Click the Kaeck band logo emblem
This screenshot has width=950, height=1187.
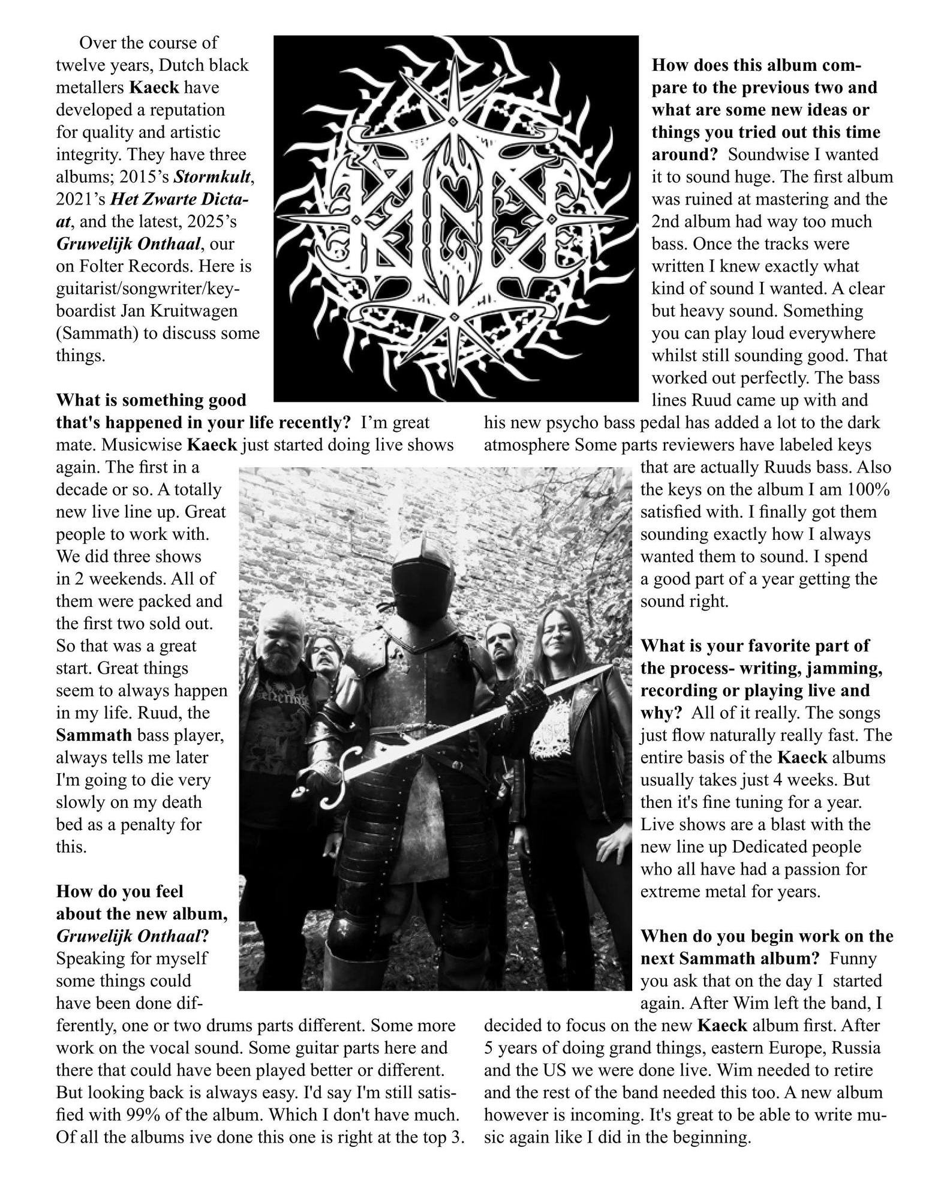click(x=456, y=218)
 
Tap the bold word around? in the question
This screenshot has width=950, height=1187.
click(x=684, y=154)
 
